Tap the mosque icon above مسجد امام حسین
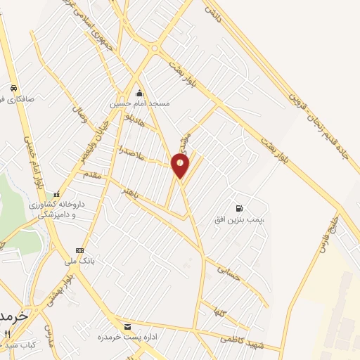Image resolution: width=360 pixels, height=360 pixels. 139,93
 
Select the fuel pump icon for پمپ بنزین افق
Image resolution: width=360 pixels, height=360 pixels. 240,208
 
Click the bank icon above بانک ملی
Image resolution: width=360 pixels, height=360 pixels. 79,250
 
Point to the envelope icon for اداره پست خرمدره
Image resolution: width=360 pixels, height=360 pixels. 127,327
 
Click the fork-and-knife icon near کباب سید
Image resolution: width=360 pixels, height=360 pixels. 7,333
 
